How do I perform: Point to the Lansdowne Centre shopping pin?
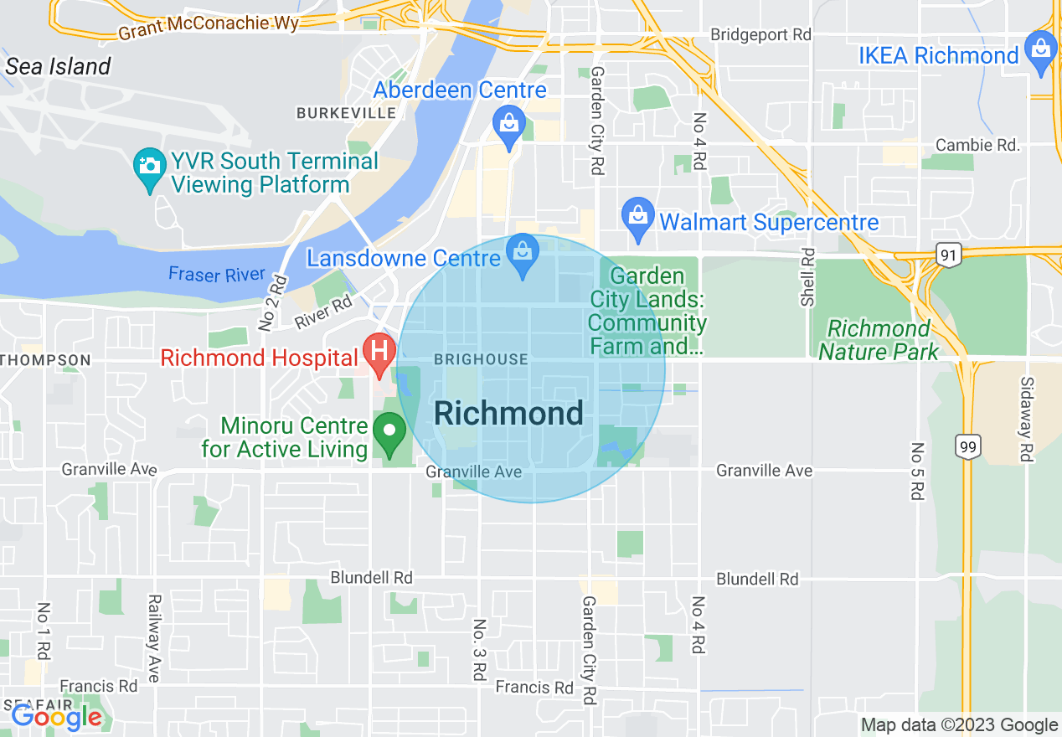(x=523, y=253)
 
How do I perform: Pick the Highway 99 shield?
(x=968, y=446)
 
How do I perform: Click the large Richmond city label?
(x=508, y=414)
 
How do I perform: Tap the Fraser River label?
(x=216, y=275)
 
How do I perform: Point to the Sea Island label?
(x=58, y=67)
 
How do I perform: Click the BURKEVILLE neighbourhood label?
(x=346, y=112)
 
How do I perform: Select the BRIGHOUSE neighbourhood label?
(x=481, y=359)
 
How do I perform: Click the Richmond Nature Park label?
(x=879, y=340)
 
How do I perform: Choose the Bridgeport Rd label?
(x=760, y=35)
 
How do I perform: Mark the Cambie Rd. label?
(x=977, y=145)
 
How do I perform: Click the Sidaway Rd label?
(x=1026, y=419)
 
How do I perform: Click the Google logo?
(x=56, y=717)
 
